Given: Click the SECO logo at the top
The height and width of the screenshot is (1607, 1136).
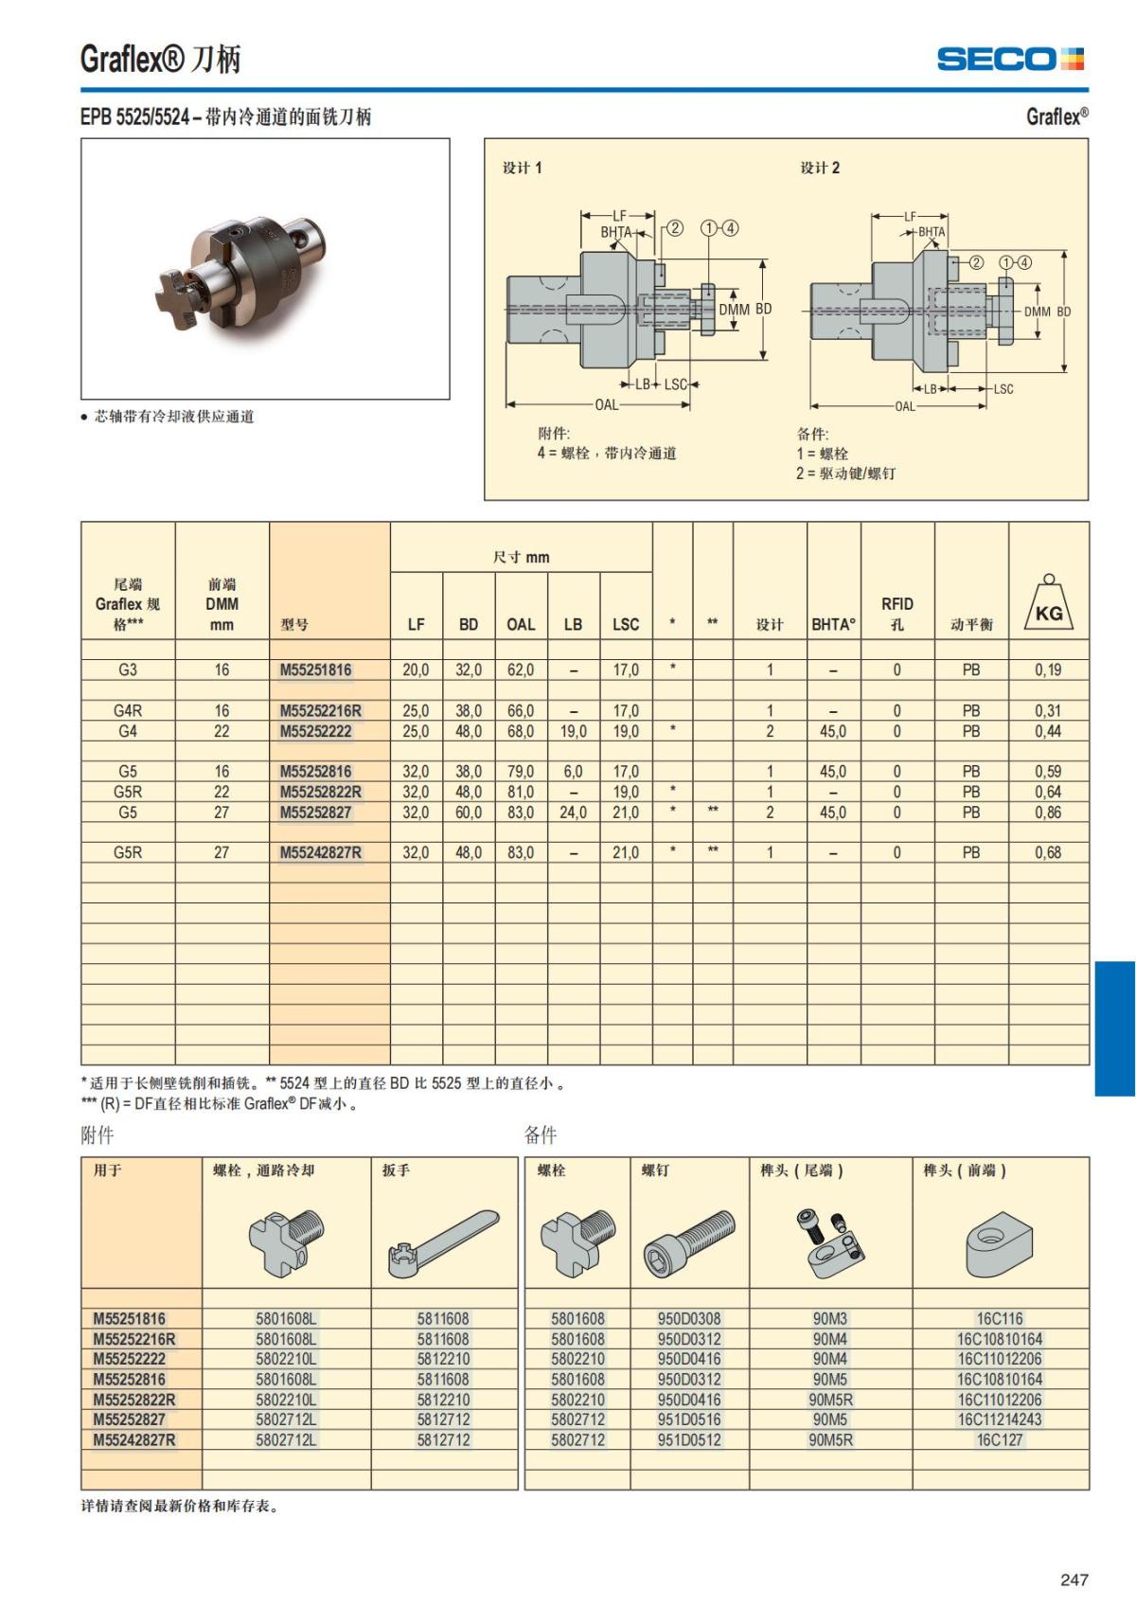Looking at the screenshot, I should click(x=1010, y=60).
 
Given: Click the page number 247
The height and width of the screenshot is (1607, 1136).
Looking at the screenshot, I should click(x=1074, y=1580).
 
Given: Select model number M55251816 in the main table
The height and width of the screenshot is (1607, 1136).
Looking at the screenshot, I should click(x=315, y=670).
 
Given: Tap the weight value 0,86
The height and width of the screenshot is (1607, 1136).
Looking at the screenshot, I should click(x=1048, y=812).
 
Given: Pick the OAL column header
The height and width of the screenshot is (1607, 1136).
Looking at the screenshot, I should click(x=521, y=624).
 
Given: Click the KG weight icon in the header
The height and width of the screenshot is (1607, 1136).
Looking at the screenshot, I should click(x=1049, y=608).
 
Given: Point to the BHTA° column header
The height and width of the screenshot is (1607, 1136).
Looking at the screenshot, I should click(x=833, y=624).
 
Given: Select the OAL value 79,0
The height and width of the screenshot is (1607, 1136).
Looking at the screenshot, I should click(x=521, y=772).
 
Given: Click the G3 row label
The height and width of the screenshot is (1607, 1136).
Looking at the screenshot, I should click(x=128, y=670).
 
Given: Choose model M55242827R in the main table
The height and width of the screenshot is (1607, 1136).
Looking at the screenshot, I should click(x=320, y=852).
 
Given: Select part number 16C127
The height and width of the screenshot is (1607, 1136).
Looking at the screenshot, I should click(x=1000, y=1439).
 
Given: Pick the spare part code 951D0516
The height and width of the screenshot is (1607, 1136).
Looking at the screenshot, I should click(x=689, y=1420).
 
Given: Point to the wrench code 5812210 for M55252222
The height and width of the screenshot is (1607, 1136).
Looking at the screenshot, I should click(x=443, y=1359).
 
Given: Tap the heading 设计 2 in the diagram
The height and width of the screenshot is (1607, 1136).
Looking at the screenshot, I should click(x=820, y=168).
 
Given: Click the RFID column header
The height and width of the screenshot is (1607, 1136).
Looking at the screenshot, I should click(x=897, y=614).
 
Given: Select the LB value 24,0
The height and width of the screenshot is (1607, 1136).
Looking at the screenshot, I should click(x=573, y=812).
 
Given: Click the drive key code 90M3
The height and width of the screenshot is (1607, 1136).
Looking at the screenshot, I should click(x=830, y=1318).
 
